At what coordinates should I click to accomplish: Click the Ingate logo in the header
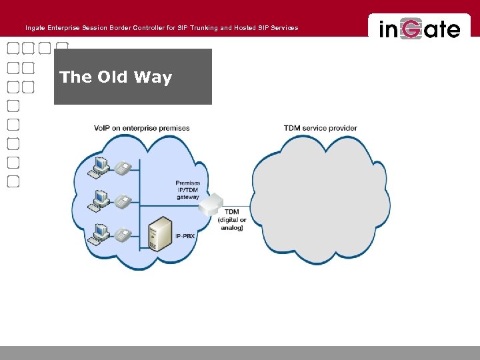419,29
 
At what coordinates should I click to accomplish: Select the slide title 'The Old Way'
115,77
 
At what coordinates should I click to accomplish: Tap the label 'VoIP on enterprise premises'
141,128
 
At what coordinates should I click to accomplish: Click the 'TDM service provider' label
320,128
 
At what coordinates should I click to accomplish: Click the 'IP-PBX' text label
185,237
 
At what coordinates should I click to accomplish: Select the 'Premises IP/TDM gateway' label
187,190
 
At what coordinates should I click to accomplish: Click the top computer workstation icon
101,165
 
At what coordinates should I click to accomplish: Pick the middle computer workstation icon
101,199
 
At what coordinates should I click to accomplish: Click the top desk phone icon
122,168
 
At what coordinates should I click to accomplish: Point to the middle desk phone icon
122,201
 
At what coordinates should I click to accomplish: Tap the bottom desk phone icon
122,235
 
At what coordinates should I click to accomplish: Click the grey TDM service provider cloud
319,200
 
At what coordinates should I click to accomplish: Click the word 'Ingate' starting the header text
35,28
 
